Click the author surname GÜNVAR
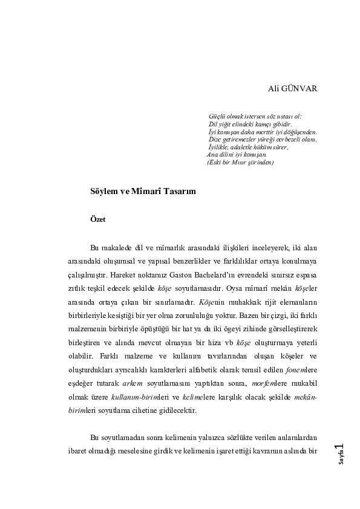point(301,88)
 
